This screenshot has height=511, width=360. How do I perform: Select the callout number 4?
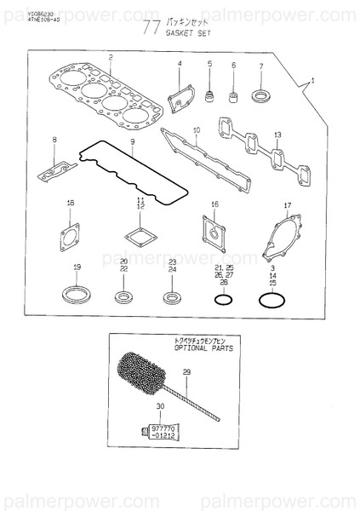pyautogui.click(x=180, y=64)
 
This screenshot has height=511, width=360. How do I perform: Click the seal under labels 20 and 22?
pyautogui.click(x=124, y=296)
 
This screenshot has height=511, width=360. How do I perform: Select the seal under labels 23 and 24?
pyautogui.click(x=173, y=297)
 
